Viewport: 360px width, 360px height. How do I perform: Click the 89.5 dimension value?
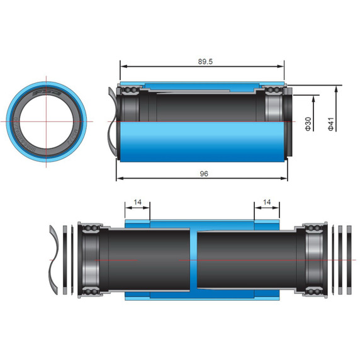[x=203, y=61]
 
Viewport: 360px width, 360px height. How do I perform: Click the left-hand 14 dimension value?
[x=138, y=203]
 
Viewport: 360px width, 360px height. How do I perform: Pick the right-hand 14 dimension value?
[x=267, y=203]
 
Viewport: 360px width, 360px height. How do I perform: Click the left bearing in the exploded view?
[x=89, y=258]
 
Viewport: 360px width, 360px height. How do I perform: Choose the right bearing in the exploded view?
[x=313, y=258]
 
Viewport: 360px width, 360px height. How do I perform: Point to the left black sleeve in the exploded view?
[x=148, y=258]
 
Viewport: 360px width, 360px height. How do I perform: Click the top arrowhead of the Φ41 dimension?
[x=337, y=88]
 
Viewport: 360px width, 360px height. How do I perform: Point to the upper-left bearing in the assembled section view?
[x=130, y=94]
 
